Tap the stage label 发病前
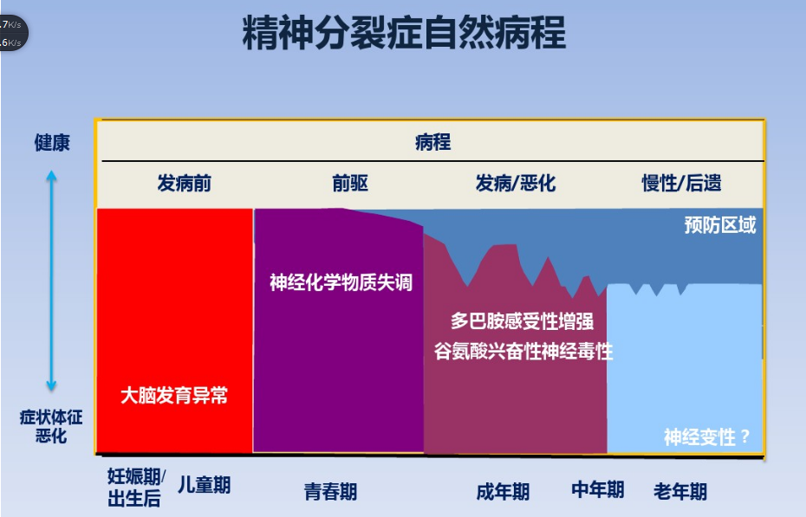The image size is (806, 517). click(184, 184)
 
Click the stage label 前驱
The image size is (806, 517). click(350, 184)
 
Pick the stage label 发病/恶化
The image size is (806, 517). click(515, 184)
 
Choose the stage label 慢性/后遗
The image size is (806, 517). click(681, 184)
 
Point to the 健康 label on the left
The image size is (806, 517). click(52, 143)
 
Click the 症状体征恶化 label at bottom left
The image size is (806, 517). click(51, 426)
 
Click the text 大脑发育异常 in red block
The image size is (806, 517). click(174, 396)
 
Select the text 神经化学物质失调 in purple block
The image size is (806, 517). click(341, 282)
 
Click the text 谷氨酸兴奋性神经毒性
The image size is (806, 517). click(523, 351)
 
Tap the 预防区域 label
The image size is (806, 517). click(719, 226)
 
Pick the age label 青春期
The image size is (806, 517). click(330, 492)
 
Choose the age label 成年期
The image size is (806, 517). click(503, 492)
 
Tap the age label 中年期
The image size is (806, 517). click(597, 489)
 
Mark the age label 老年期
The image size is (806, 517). click(680, 492)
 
